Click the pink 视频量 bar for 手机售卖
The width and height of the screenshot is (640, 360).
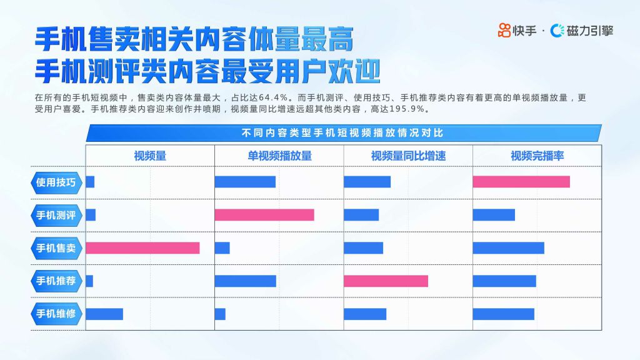[143, 247]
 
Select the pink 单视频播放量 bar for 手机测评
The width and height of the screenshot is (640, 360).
[264, 215]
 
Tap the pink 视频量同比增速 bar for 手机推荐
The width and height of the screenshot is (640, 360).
[386, 281]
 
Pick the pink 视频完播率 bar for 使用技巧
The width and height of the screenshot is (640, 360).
[522, 182]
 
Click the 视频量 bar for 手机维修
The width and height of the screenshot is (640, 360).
[104, 314]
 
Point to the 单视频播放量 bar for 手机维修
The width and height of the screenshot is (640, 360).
[221, 314]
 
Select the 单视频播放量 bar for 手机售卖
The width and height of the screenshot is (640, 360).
[222, 247]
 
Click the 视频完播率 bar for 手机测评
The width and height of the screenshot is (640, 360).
[494, 215]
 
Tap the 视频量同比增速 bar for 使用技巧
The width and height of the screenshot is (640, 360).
[367, 182]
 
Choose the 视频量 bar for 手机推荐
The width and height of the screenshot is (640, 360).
[89, 281]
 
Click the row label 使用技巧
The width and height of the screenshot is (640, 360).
[56, 182]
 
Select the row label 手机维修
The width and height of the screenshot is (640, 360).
[56, 314]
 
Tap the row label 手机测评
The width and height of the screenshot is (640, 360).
[56, 215]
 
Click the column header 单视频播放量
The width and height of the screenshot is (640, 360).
[279, 156]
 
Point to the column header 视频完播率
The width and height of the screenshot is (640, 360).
[537, 156]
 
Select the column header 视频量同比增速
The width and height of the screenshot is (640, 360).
[408, 156]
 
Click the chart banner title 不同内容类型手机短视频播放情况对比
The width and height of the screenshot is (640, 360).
[342, 133]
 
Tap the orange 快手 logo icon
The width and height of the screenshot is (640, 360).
[504, 30]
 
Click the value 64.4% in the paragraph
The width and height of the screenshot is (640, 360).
[273, 97]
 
